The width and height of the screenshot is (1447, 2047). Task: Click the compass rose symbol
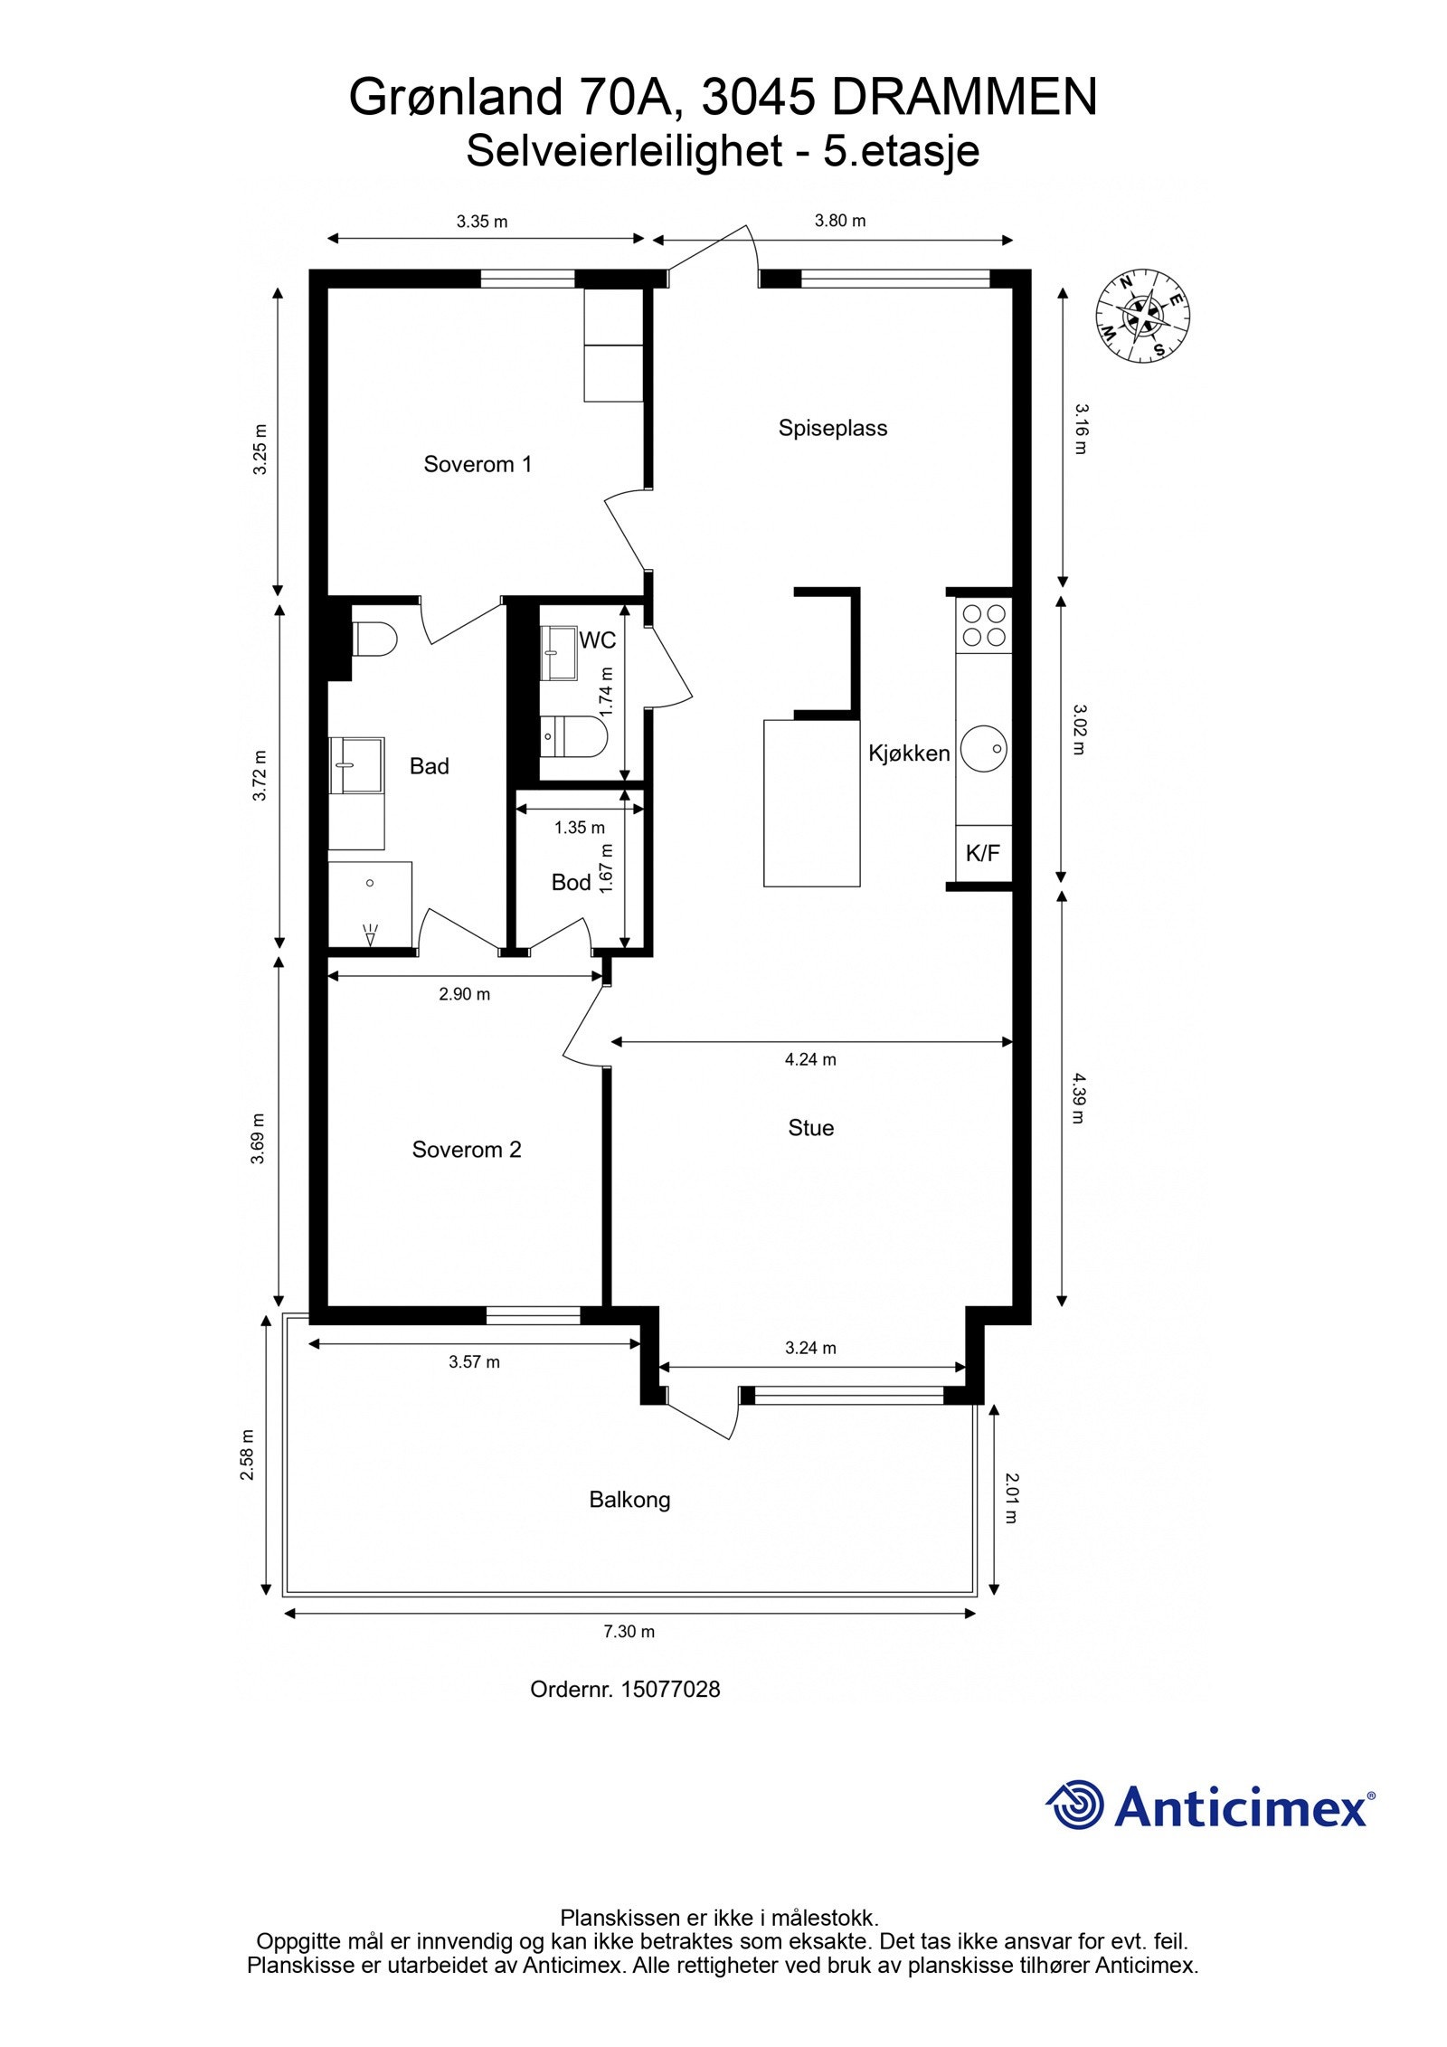point(1142,316)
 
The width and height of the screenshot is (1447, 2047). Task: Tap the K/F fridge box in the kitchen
point(983,853)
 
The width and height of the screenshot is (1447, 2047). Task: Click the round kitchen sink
point(984,749)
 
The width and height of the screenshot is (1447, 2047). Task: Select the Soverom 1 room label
point(478,464)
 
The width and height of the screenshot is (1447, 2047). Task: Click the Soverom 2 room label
point(467,1150)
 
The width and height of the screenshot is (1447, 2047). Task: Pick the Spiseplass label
point(833,428)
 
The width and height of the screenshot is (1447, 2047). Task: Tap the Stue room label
point(810,1128)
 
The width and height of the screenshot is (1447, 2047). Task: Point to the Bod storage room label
point(571,882)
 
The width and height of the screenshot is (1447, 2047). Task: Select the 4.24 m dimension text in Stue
point(810,1059)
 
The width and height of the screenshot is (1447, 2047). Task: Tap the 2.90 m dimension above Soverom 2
point(465,994)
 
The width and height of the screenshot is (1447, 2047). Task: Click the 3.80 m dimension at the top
point(840,221)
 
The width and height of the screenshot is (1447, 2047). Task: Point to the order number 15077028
point(670,1689)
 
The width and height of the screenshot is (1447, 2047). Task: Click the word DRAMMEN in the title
point(964,98)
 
